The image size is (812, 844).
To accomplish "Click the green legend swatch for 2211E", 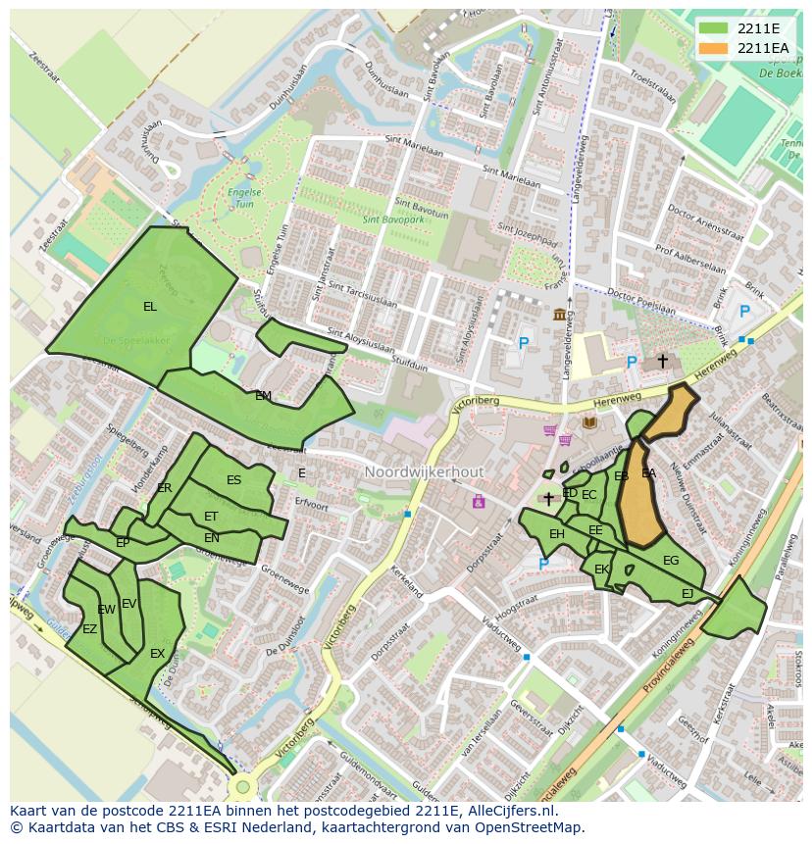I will (713, 28).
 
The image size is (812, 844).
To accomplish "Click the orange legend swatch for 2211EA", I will (713, 48).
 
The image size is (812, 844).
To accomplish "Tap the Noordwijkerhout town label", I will (424, 472).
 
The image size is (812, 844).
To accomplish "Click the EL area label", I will (149, 307).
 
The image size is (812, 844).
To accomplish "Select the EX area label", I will (157, 654).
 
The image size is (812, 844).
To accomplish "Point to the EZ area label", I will (89, 629).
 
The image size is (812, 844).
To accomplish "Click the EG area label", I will (671, 561).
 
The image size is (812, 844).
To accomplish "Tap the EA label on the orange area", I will (648, 473).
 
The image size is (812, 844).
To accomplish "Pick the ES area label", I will (233, 480).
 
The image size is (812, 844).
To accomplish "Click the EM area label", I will (263, 396).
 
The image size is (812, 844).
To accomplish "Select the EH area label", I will (556, 534).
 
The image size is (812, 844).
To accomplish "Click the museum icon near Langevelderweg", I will (559, 314).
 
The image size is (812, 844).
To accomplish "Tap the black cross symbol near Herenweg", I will (662, 361).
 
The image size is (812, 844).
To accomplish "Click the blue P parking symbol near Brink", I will (744, 312).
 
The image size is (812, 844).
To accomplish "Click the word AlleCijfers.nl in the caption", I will (509, 812).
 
